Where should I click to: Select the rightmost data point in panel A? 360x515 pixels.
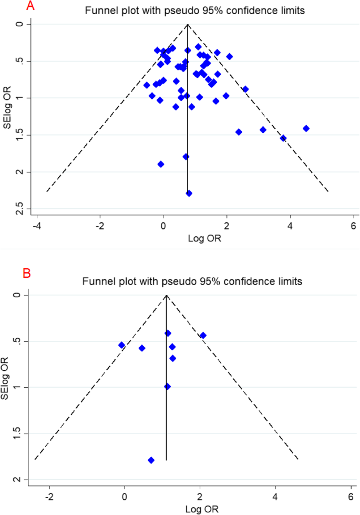click(x=306, y=128)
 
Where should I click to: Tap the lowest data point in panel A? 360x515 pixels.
click(x=189, y=193)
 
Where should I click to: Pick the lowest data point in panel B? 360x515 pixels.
click(x=151, y=460)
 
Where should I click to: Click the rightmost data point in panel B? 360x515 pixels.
click(x=203, y=335)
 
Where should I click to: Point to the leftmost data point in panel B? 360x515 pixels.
click(x=121, y=345)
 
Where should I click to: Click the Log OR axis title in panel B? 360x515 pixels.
click(x=191, y=509)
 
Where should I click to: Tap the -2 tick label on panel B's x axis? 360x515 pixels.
click(x=49, y=498)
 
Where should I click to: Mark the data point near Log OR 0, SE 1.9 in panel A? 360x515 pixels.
click(x=161, y=164)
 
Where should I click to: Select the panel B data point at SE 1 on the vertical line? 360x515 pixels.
click(x=167, y=387)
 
